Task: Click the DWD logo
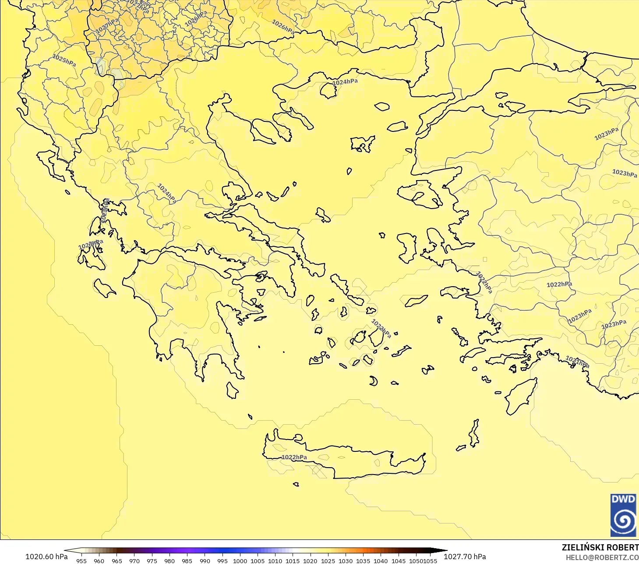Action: [623, 515]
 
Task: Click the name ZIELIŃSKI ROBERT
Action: [600, 547]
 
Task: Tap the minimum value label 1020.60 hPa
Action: [46, 557]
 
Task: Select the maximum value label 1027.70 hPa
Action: [465, 557]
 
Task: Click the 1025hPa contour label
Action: [64, 60]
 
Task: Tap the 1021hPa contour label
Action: [577, 362]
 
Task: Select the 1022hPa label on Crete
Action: [294, 457]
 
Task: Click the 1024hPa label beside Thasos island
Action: [345, 82]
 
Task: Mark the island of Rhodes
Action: [521, 396]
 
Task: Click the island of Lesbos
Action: [420, 193]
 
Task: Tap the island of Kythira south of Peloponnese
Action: [232, 390]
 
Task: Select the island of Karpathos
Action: [474, 433]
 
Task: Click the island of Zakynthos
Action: [104, 287]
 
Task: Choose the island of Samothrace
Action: [382, 106]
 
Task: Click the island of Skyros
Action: [323, 215]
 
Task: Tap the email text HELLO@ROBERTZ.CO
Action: [602, 557]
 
